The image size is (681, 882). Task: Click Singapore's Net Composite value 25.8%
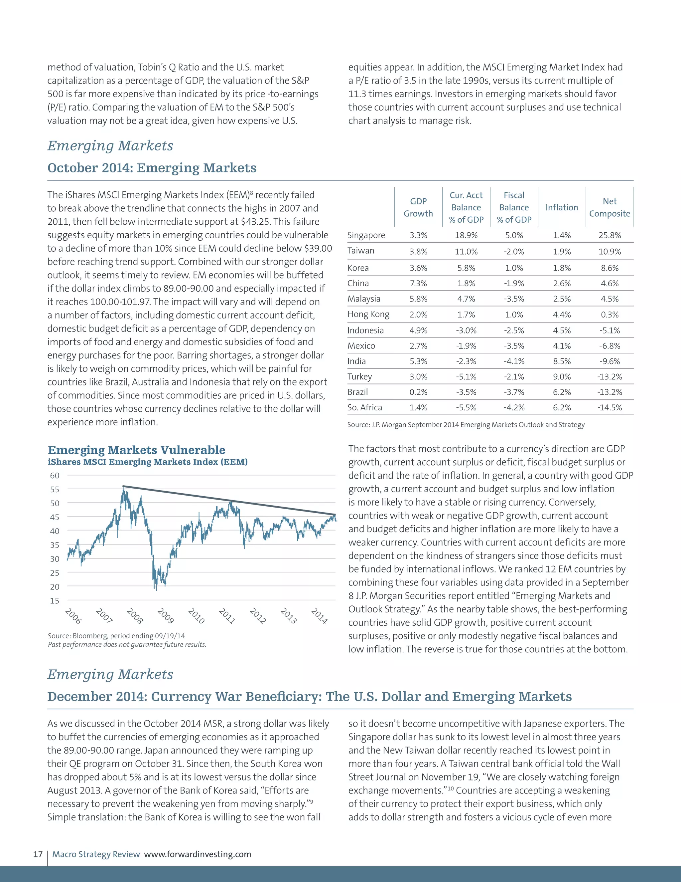click(609, 235)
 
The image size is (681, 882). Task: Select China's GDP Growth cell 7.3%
click(418, 284)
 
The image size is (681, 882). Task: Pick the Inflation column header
click(562, 207)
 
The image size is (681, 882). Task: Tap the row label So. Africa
click(365, 407)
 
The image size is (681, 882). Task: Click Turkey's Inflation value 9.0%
click(562, 377)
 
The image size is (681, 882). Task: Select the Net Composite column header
click(609, 207)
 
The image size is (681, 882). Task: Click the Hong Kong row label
click(368, 315)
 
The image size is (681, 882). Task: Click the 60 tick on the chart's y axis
click(55, 475)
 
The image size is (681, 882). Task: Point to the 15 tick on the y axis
click(55, 600)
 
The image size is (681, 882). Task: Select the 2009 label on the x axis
click(165, 616)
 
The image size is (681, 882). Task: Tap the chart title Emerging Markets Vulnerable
click(136, 450)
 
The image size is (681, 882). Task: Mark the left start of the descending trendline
click(123, 486)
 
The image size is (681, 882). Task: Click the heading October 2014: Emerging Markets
click(152, 168)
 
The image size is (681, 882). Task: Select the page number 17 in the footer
click(38, 854)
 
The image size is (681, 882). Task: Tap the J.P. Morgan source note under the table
click(466, 424)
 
